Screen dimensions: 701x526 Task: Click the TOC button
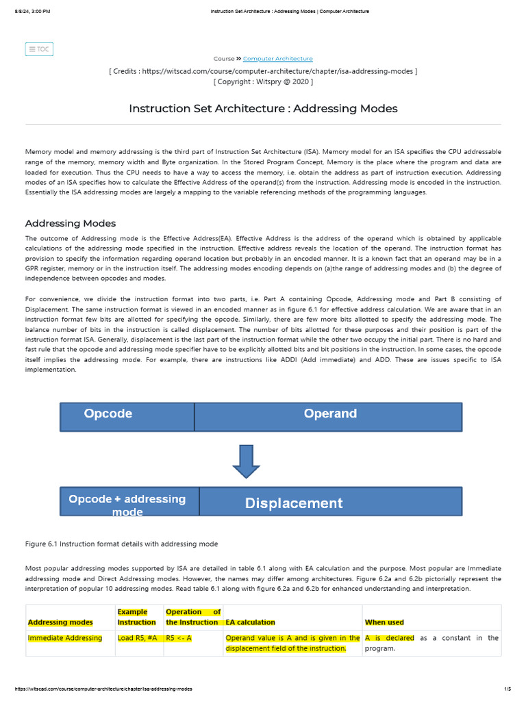tap(39, 49)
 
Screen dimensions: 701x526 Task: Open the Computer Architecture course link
tap(277, 59)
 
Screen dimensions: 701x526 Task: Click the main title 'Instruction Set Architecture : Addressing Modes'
tap(263, 109)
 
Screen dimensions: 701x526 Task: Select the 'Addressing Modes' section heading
tap(71, 223)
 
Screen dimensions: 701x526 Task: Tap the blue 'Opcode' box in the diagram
tap(127, 416)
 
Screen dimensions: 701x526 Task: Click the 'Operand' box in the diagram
tap(329, 416)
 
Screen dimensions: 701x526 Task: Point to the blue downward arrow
tap(246, 461)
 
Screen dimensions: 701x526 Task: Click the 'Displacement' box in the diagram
tap(331, 502)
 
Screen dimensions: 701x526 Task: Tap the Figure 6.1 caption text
tap(121, 544)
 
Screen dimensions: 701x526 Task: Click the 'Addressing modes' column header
tap(60, 622)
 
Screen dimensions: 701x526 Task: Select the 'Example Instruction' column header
tap(137, 617)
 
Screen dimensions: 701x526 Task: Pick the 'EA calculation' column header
tap(250, 622)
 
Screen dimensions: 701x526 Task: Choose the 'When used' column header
tap(384, 622)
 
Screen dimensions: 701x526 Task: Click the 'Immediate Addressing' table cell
tap(64, 638)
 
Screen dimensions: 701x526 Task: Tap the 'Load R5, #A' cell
tap(138, 638)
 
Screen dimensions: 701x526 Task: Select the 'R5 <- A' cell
tap(179, 638)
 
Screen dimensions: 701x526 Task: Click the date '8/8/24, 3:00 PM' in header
tap(27, 12)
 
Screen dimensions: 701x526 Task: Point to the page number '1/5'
tap(507, 689)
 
